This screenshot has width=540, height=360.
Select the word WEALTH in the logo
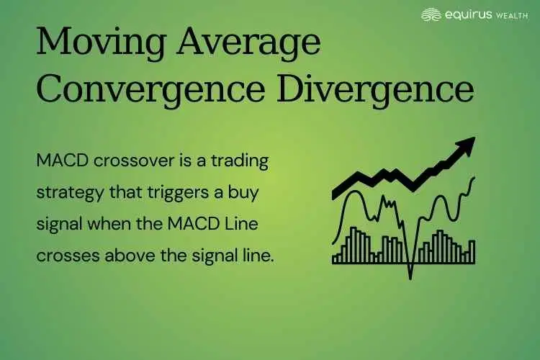click(x=511, y=14)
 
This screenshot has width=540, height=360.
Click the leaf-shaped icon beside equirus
click(x=431, y=14)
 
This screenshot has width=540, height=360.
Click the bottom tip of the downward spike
click(x=410, y=277)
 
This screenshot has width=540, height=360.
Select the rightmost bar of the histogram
click(x=472, y=251)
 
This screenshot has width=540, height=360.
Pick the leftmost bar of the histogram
click(x=335, y=258)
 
